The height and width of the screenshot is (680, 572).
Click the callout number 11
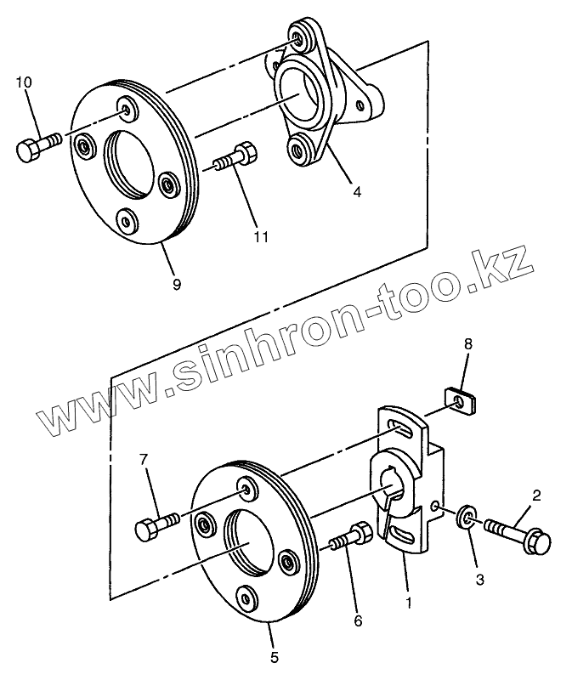(262, 235)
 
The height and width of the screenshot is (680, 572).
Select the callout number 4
(357, 192)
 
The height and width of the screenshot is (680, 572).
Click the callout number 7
(144, 460)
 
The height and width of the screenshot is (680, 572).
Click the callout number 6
(358, 621)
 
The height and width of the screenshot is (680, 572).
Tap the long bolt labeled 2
(518, 534)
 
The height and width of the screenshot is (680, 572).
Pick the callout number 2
(537, 493)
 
